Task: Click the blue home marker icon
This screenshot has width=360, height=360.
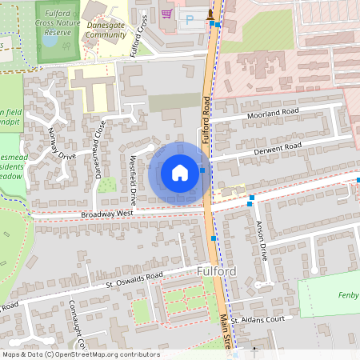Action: click(x=180, y=172)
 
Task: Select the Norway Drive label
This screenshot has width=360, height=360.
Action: click(x=61, y=143)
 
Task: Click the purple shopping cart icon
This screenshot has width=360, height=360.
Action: click(x=166, y=13)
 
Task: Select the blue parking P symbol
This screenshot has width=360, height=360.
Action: click(x=190, y=18)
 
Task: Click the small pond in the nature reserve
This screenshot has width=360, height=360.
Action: click(x=50, y=42)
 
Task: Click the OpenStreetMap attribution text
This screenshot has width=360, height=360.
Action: click(x=81, y=354)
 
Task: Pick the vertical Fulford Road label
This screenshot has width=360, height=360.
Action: click(x=206, y=120)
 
